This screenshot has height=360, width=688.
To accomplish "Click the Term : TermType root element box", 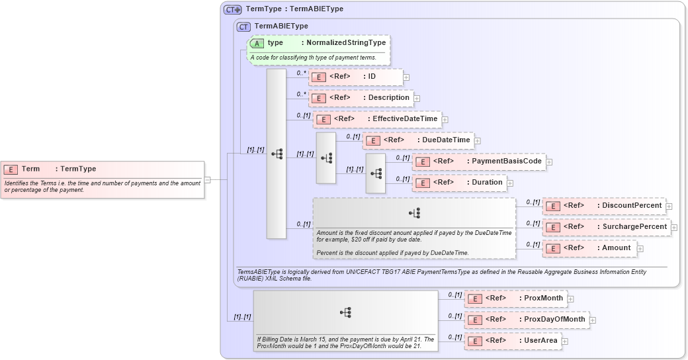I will pos(103,179).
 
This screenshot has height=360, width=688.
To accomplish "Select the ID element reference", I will pos(356,77).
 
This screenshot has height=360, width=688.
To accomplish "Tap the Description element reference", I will pos(361,98).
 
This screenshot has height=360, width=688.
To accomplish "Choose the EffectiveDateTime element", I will pos(376,119).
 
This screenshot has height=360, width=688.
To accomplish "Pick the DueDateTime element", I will pos(417,140).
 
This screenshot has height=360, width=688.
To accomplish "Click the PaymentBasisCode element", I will pos(478,161).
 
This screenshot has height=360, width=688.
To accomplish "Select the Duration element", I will pos(458,183).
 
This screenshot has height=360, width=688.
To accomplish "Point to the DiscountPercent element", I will pos(603,206).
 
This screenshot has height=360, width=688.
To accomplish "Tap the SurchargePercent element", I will pos(606,227).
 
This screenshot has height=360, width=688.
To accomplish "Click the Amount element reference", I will pos(589,248).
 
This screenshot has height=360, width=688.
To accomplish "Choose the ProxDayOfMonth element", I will pos(526,320).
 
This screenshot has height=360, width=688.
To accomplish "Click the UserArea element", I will pos(512,341).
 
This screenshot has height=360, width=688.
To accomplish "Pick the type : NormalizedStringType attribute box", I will pos(318,50).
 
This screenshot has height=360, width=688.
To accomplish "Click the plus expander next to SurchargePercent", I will pos(674,228).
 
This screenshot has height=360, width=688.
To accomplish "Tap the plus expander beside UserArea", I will pos(564,341).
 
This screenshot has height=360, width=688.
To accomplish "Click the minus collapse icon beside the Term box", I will pos(207,179).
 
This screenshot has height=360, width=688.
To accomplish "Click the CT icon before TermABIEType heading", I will pos(243,26).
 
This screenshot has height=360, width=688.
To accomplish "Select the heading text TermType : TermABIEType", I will pos(294,9).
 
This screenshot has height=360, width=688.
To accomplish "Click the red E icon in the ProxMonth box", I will pos(474,298).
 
